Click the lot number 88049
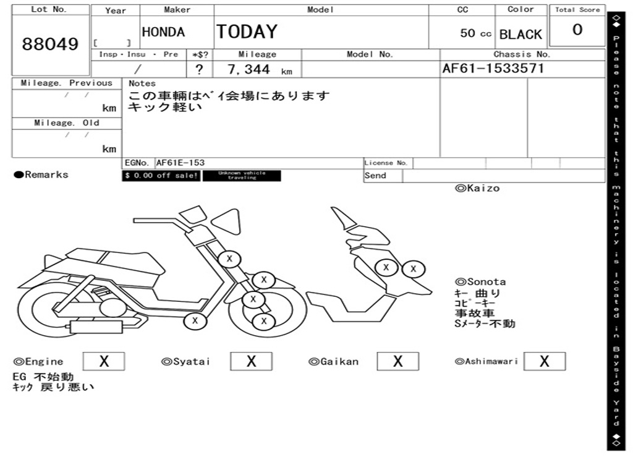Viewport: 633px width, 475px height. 51,45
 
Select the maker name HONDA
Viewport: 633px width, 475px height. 163,32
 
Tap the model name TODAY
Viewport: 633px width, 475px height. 247,32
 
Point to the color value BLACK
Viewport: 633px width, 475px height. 520,35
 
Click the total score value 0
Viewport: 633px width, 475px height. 577,30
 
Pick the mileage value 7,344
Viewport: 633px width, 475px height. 249,69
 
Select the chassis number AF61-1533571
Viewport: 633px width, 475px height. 493,69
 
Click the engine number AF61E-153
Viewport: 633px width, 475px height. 181,163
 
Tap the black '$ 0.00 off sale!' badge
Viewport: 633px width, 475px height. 161,176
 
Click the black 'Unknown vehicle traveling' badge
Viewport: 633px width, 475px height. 242,176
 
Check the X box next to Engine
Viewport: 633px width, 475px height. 103,361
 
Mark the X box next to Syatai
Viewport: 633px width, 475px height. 251,361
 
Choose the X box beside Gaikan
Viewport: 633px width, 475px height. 398,361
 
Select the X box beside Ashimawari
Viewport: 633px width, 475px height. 544,361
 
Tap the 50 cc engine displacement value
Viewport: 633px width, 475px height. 475,33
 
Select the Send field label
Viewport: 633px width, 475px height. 375,176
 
